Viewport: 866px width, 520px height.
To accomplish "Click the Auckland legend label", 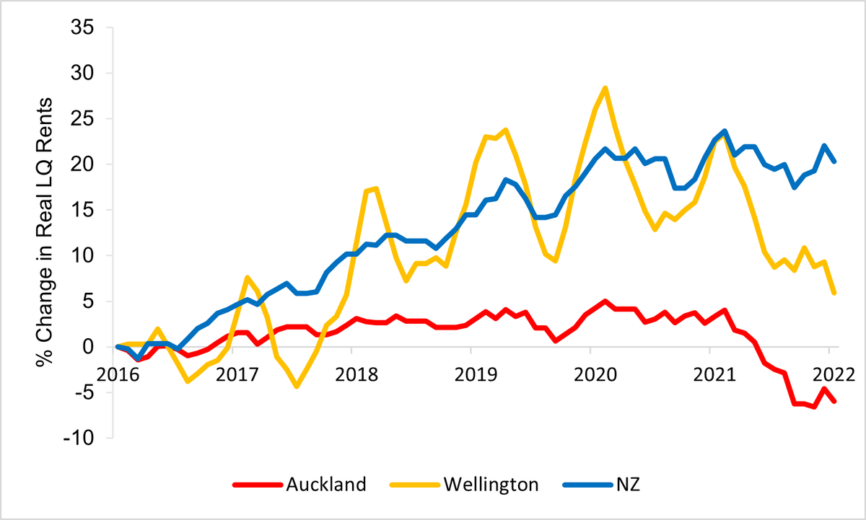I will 325,484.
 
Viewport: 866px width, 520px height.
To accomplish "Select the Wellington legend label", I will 491,484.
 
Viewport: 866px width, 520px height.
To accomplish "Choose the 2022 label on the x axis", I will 830,376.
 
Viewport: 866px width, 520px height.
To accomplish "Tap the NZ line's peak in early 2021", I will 724,131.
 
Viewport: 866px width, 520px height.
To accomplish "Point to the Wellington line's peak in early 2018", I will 377,188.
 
